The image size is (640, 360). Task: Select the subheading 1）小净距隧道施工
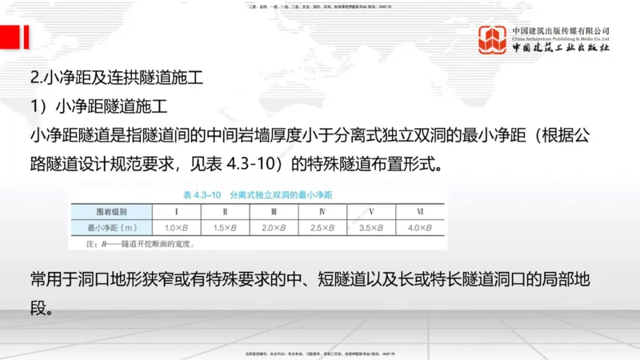(x=99, y=106)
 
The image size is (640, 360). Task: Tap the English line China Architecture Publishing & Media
(x=560, y=38)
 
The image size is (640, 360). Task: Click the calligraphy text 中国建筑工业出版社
(x=560, y=49)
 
